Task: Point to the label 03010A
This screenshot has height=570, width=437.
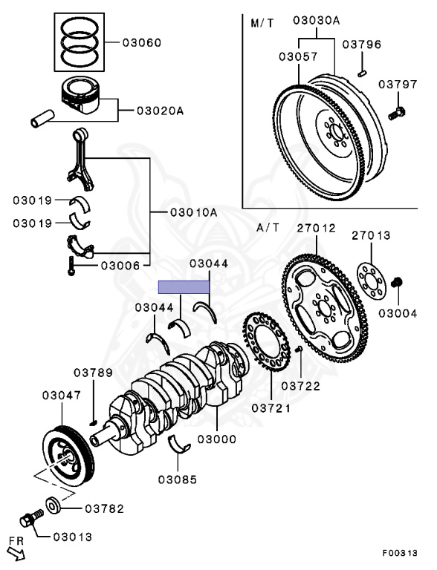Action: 193,212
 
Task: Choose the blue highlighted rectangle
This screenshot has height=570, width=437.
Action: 184,285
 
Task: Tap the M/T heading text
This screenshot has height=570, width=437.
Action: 262,23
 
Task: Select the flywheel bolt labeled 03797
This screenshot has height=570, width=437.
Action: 398,113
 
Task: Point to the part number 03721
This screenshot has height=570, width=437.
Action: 271,408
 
